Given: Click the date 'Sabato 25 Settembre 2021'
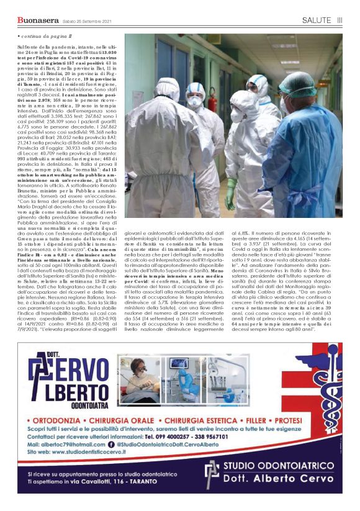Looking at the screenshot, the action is coord(83,22).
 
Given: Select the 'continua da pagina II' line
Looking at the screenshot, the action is coord(44,38).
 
